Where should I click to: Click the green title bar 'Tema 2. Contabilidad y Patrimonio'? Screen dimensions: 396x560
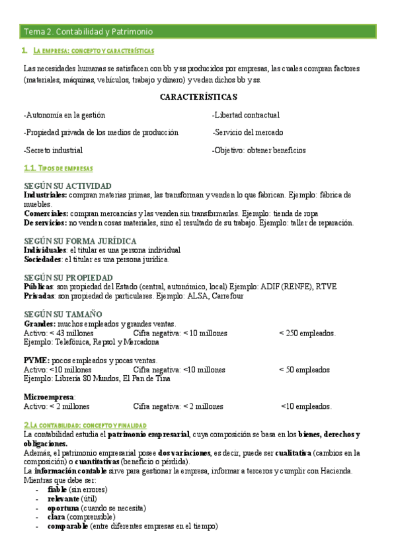click(88, 31)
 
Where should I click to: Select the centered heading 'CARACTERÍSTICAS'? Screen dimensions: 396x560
click(198, 97)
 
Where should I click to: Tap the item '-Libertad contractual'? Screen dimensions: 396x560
click(245, 115)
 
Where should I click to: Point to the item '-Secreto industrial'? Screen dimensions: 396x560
click(53, 151)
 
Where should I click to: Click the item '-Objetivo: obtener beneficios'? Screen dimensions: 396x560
click(258, 151)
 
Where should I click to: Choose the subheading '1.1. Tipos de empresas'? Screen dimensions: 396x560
click(58, 168)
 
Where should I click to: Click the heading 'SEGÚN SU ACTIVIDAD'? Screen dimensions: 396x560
click(67, 186)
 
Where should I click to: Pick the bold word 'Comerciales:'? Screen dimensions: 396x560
click(46, 213)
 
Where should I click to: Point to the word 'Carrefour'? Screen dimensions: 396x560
click(227, 297)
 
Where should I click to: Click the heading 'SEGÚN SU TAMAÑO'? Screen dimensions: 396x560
click(63, 314)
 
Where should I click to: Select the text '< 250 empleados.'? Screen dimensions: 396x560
click(307, 333)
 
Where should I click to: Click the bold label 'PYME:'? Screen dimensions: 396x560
click(36, 361)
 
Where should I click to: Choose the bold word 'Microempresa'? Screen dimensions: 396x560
click(49, 397)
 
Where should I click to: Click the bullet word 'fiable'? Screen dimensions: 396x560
click(58, 489)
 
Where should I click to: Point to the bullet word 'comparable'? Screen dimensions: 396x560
click(67, 526)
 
